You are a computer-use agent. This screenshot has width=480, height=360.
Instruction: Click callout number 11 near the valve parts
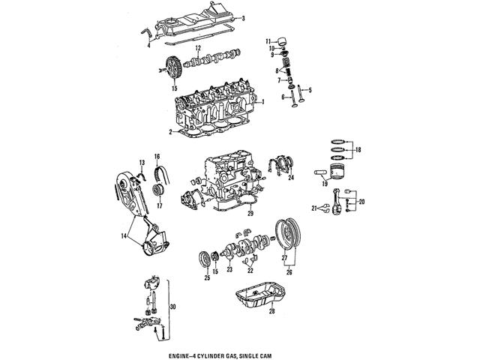(x=266, y=40)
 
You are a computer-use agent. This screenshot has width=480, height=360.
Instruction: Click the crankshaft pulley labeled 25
(x=202, y=259)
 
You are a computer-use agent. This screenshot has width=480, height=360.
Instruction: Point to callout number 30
(x=175, y=307)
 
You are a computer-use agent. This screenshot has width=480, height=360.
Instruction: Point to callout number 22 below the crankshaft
(x=250, y=270)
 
